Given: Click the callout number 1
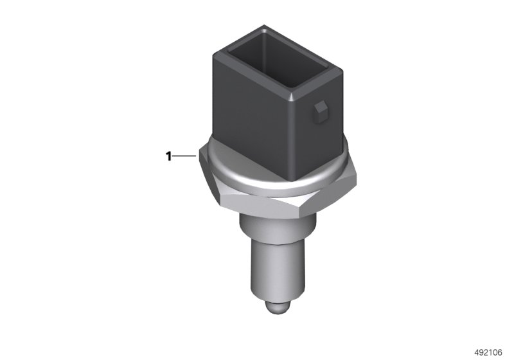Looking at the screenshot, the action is (168, 156).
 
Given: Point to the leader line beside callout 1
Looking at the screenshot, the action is (184, 156).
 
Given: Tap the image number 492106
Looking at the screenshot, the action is (488, 352).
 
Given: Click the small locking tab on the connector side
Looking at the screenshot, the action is (320, 113).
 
